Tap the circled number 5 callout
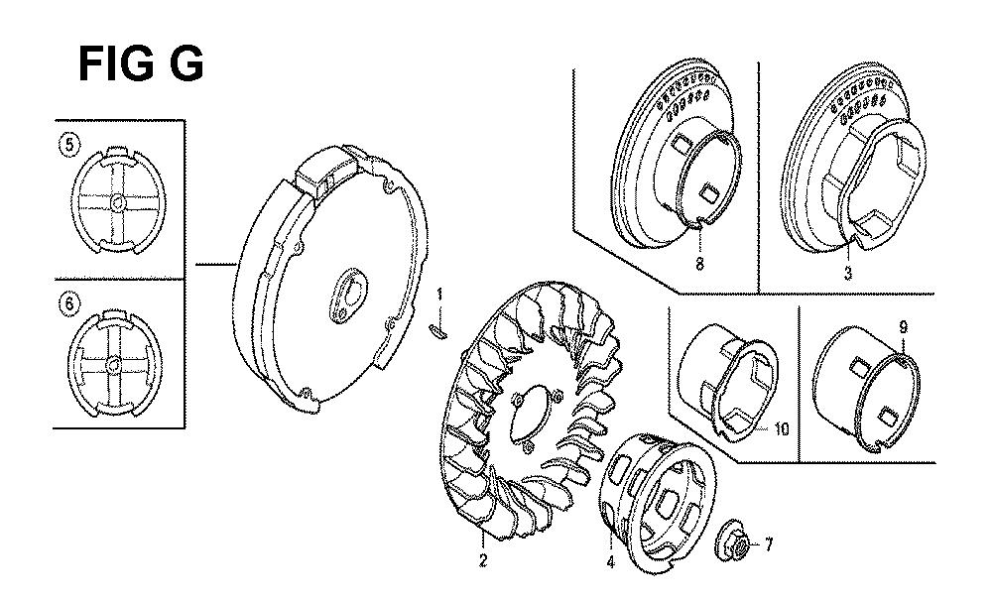[68, 145]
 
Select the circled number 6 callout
[69, 303]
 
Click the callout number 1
[439, 295]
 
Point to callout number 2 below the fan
[483, 560]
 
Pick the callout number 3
[848, 274]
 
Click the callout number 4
[610, 561]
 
